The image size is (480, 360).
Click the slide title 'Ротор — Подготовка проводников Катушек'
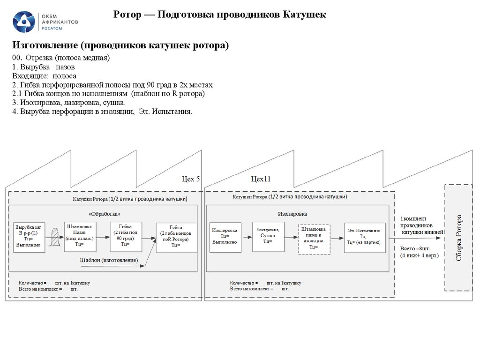tap(220, 15)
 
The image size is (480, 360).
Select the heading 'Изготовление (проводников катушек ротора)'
tap(120, 45)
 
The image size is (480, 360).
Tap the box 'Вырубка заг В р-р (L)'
tap(29, 237)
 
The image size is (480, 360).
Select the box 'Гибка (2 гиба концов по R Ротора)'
tap(176, 238)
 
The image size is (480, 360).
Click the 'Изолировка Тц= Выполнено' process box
tap(225, 237)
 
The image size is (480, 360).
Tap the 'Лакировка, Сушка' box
tap(268, 236)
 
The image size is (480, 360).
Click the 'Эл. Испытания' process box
tap(364, 237)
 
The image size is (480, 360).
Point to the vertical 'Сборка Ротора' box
tap(458, 237)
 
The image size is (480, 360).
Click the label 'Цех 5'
tap(191, 179)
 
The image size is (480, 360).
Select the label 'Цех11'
tap(261, 179)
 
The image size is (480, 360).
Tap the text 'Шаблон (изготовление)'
tap(109, 260)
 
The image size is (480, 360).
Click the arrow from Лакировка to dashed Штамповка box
tap(291, 237)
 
